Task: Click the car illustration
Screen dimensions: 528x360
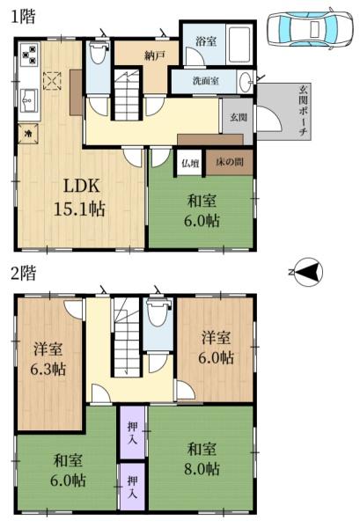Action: pyautogui.click(x=308, y=29)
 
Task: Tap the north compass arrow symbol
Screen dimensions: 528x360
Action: pyautogui.click(x=307, y=274)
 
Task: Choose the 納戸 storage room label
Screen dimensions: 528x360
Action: pyautogui.click(x=155, y=55)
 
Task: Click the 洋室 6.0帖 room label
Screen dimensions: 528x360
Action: pyautogui.click(x=216, y=348)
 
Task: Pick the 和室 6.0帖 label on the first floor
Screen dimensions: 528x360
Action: pyautogui.click(x=202, y=210)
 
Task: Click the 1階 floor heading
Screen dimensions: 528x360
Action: pyautogui.click(x=23, y=17)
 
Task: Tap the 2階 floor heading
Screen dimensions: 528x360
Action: pyautogui.click(x=23, y=274)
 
